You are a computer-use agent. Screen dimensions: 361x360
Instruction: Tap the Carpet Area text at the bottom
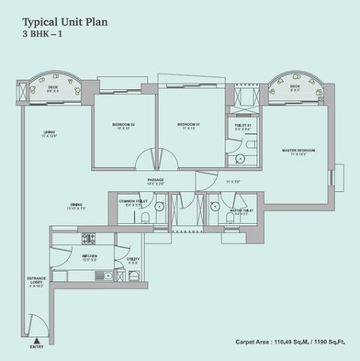click(293, 340)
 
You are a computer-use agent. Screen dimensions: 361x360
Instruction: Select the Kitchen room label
click(90, 258)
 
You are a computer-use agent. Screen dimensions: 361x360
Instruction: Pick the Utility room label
click(133, 260)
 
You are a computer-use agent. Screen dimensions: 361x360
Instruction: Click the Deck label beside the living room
click(54, 88)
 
